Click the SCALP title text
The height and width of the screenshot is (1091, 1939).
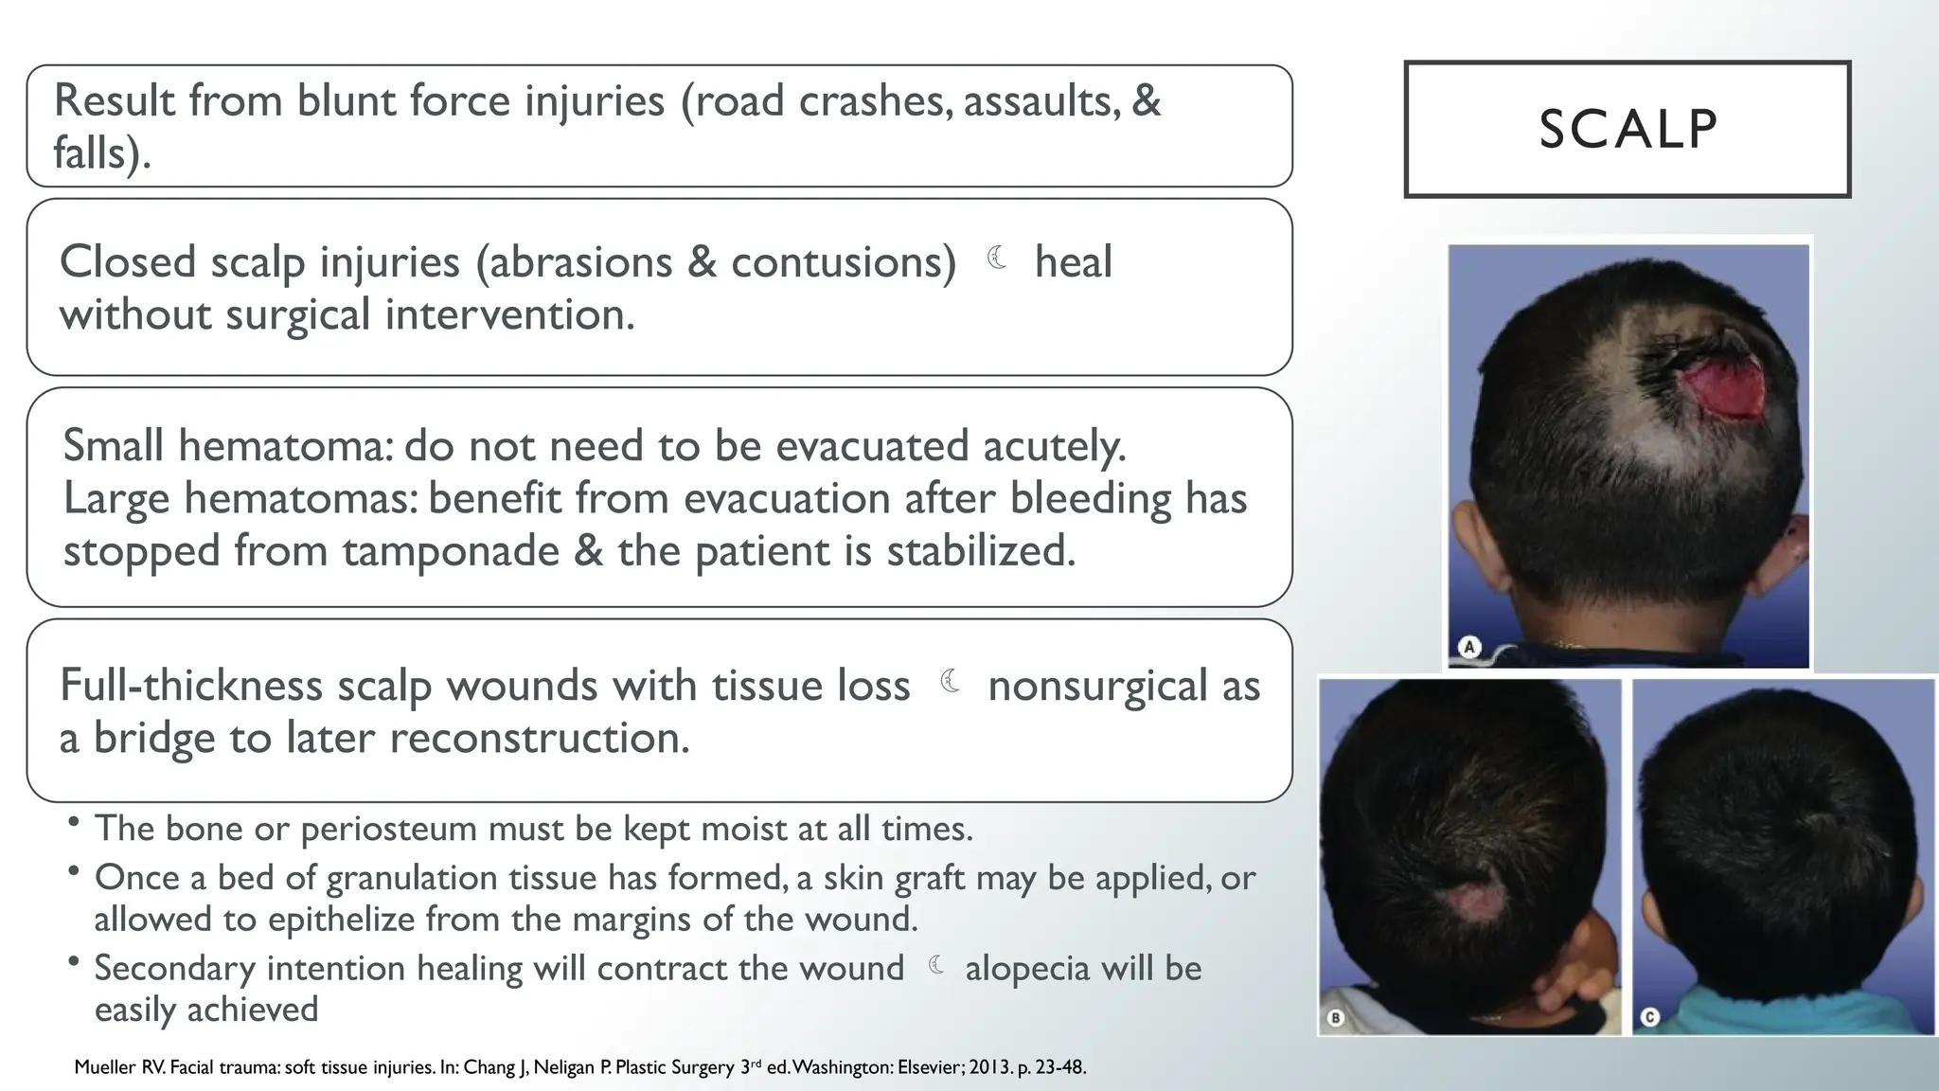(1628, 130)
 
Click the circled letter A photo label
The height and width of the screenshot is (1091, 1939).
(1469, 648)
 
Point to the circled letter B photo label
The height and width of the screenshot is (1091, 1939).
(1335, 1018)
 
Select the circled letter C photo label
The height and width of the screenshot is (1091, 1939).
(1649, 1018)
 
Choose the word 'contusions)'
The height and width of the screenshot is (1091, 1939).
(844, 262)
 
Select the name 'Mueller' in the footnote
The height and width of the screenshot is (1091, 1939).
(105, 1067)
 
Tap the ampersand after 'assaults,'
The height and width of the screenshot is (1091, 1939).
(1146, 101)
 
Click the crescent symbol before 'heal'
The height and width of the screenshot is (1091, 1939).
(996, 258)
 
